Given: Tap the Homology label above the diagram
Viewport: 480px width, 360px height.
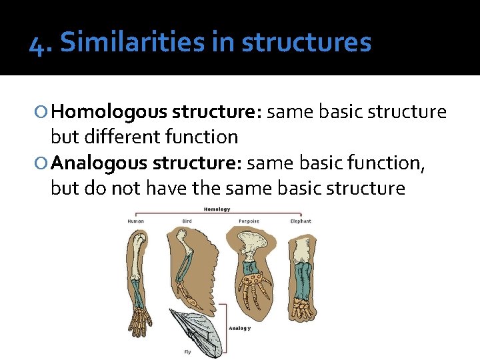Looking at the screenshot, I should coord(217,209).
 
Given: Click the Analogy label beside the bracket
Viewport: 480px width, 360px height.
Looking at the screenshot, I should coord(240,328).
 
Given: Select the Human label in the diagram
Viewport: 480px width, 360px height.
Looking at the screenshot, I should coord(136,221).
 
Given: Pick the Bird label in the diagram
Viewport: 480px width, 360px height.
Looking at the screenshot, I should coord(188,221).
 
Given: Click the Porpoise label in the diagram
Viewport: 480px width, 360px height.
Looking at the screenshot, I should coord(248,221).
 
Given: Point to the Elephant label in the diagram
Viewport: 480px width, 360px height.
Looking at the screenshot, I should coord(300,221).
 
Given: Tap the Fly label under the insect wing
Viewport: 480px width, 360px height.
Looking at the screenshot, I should coord(188,351).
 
